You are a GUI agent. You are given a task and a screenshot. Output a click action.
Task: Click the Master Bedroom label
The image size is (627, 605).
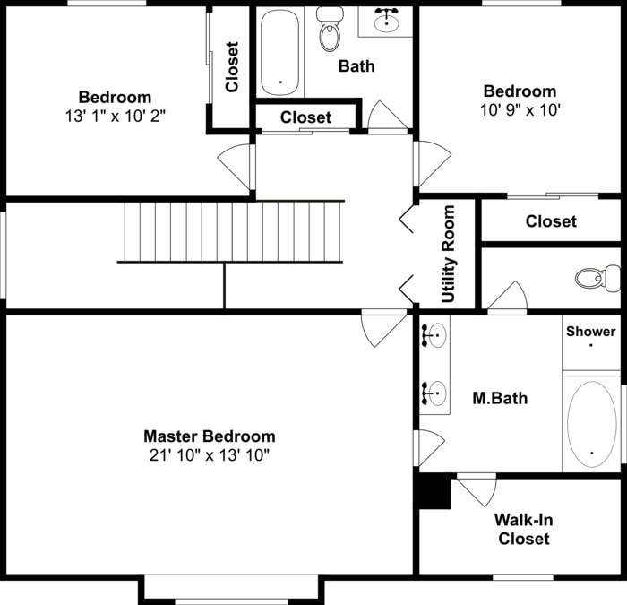[x=210, y=436]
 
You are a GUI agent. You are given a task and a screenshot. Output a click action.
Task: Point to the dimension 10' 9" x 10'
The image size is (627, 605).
[x=520, y=109]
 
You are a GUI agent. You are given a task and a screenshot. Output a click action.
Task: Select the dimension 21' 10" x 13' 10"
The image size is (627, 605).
[x=210, y=454]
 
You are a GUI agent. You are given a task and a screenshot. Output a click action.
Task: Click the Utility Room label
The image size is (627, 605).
[x=449, y=254]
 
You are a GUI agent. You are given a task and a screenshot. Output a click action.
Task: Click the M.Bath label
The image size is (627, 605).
[x=500, y=398]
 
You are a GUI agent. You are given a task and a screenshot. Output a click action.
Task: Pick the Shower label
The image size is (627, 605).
[x=590, y=332]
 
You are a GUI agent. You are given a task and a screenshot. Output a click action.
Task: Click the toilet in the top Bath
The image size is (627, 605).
[x=331, y=30]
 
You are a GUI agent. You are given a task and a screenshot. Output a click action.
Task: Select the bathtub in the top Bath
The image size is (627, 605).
[x=280, y=52]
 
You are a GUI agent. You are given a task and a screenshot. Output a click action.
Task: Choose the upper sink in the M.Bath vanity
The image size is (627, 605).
[x=435, y=337]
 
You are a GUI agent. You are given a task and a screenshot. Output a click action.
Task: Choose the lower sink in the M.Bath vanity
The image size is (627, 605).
[x=435, y=392]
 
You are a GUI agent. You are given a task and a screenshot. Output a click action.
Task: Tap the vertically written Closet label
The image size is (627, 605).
[x=232, y=67]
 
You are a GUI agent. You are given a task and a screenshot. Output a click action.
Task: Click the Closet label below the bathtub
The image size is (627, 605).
[x=305, y=117]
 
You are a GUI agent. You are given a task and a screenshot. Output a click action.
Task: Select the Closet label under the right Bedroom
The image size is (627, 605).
[x=551, y=221]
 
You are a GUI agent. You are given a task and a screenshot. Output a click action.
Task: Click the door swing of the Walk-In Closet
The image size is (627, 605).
[x=479, y=490]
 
